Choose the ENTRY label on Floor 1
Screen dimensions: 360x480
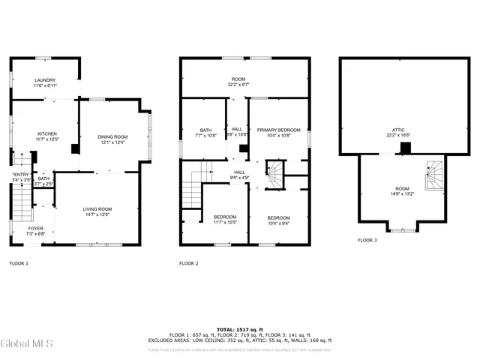20,177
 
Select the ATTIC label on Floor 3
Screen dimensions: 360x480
398,132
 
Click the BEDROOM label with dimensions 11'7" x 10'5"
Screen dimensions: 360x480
225,218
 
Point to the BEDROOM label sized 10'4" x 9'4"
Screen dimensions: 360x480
278,218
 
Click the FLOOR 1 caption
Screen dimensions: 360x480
19,263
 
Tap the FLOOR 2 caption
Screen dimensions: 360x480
189,263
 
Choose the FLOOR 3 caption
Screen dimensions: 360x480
367,240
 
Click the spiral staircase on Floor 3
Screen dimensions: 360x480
434,178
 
